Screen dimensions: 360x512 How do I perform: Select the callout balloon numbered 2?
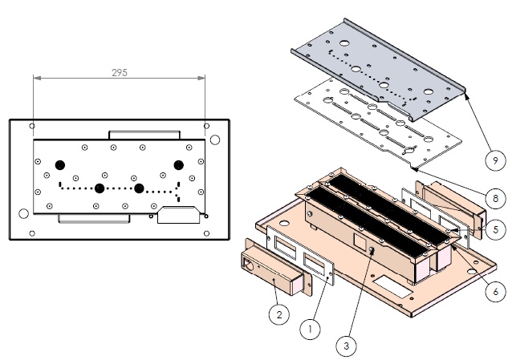point(278,316)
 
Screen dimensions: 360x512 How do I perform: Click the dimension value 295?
point(119,71)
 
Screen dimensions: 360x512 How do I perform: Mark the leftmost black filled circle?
point(59,164)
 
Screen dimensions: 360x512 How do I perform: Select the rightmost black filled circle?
point(179,164)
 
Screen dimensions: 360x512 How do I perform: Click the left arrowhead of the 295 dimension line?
point(35,78)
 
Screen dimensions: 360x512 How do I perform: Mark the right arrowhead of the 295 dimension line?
point(205,78)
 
